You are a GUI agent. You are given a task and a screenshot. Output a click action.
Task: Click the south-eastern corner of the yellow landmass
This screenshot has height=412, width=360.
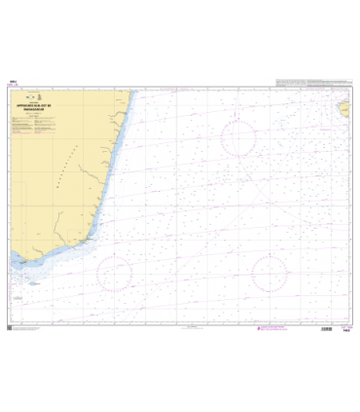point(93,243)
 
